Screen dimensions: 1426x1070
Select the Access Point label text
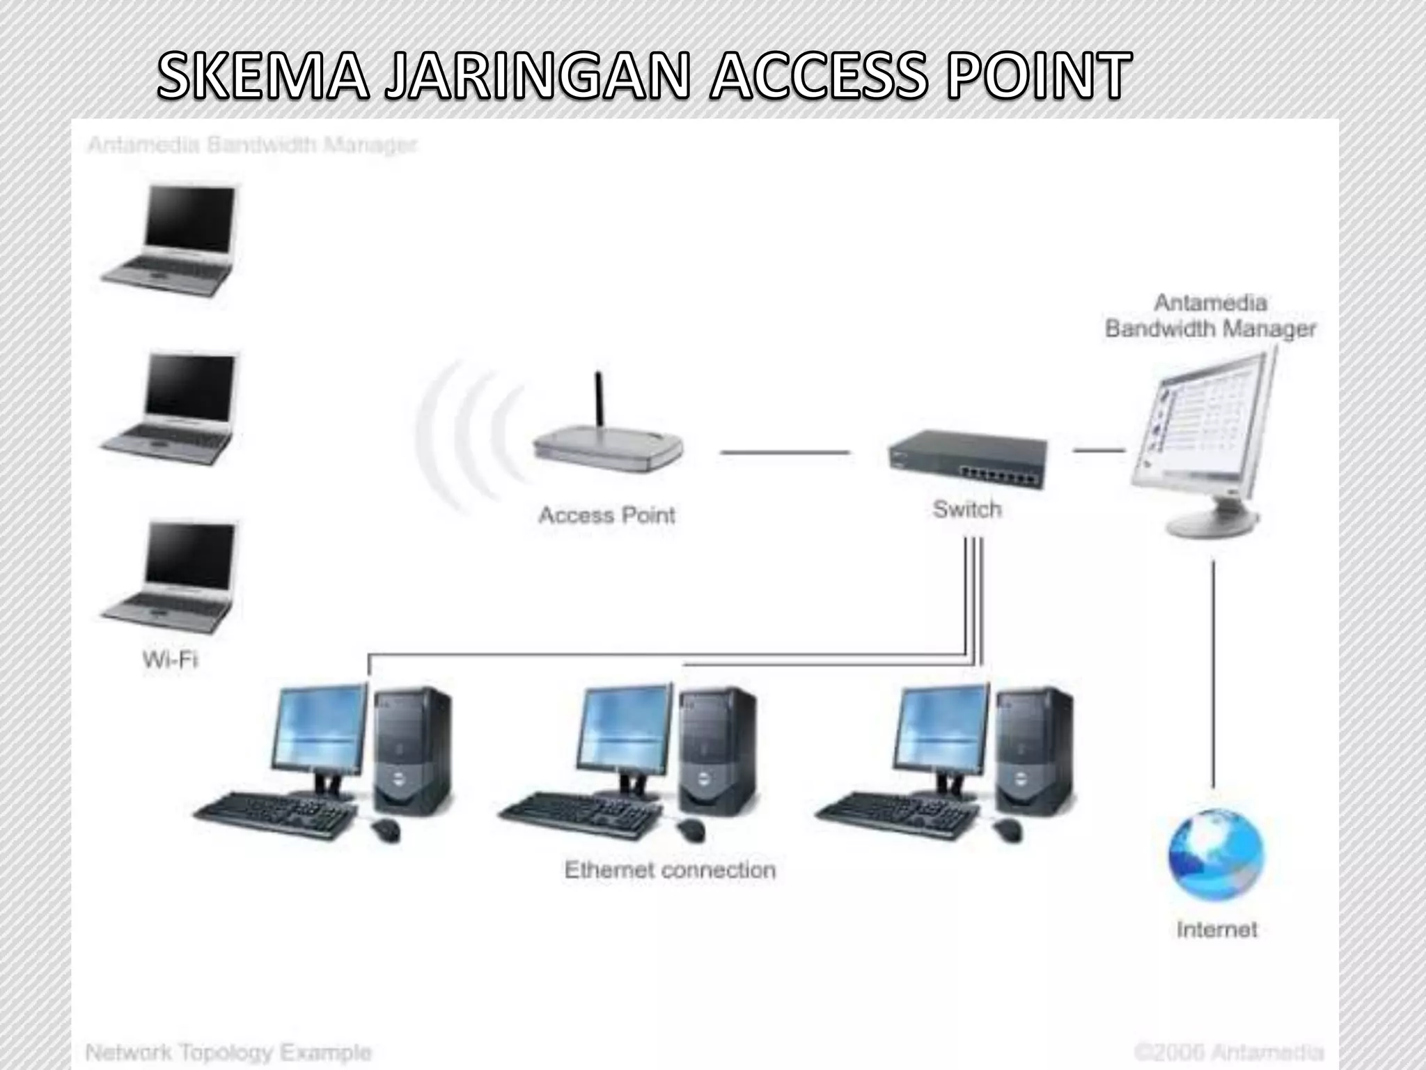(606, 515)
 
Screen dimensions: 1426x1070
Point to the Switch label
(967, 509)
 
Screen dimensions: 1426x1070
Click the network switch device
(968, 457)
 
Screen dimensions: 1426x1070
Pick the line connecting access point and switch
(785, 452)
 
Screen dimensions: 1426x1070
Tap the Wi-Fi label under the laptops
(170, 659)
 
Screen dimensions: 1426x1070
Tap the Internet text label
(1216, 929)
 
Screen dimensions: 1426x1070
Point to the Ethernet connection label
(670, 870)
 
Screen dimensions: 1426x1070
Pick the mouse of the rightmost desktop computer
(1007, 830)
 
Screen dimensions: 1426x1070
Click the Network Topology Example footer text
(228, 1052)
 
